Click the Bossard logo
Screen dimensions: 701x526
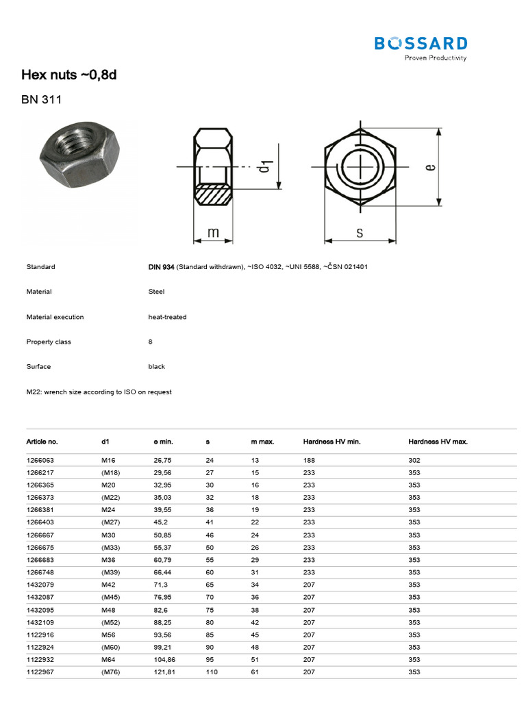[x=421, y=47]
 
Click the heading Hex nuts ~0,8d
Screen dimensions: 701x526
[x=69, y=75]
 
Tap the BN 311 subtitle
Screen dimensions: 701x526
[x=42, y=100]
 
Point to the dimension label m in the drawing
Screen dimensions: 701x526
[x=213, y=233]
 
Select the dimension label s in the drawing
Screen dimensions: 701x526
[x=360, y=233]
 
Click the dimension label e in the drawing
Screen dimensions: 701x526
[x=430, y=166]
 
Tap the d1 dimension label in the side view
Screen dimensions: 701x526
[x=266, y=166]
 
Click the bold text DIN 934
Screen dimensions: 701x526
[x=161, y=267]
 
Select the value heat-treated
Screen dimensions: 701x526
[x=167, y=317]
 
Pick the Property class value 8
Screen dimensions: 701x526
[x=150, y=342]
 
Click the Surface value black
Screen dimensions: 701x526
[x=156, y=366]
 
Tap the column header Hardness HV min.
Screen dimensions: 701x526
[x=331, y=442]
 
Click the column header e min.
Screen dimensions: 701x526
[x=163, y=442]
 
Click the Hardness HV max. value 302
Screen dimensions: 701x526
[x=414, y=461]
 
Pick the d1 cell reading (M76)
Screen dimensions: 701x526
[x=110, y=672]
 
